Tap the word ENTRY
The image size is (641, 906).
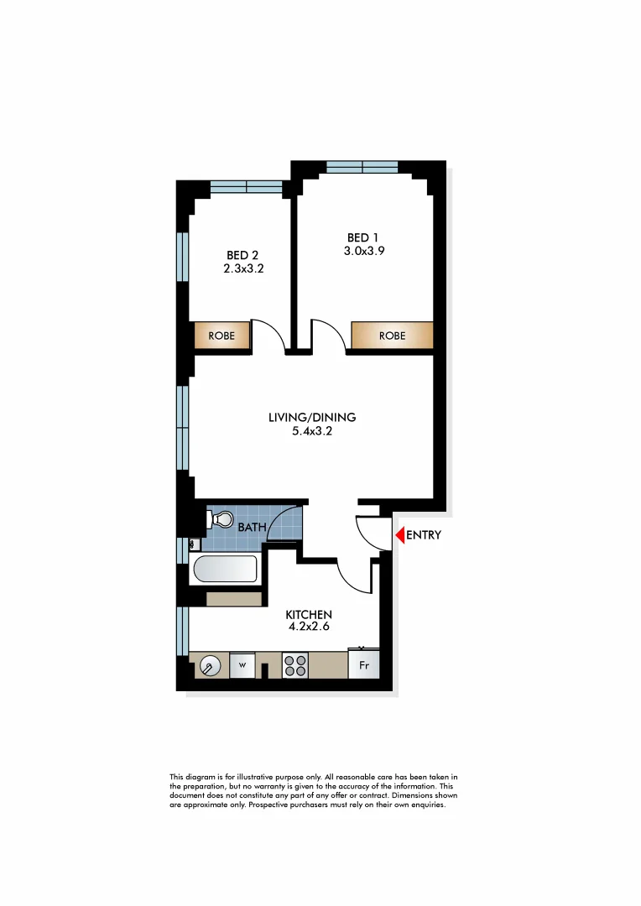click(x=424, y=535)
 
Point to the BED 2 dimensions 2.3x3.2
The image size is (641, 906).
click(x=244, y=269)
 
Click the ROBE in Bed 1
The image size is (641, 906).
click(x=392, y=336)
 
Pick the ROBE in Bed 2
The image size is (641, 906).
click(x=222, y=336)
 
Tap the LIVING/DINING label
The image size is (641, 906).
click(x=312, y=417)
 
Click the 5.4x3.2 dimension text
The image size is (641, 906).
click(x=312, y=431)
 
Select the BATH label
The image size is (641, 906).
click(x=252, y=528)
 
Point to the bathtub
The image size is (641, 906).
click(x=225, y=570)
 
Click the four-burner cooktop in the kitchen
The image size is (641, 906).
click(x=294, y=666)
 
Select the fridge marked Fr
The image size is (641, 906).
click(x=364, y=665)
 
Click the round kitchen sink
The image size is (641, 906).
click(x=209, y=667)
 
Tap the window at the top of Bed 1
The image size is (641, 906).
click(x=362, y=165)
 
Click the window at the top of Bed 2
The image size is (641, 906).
click(x=246, y=186)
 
